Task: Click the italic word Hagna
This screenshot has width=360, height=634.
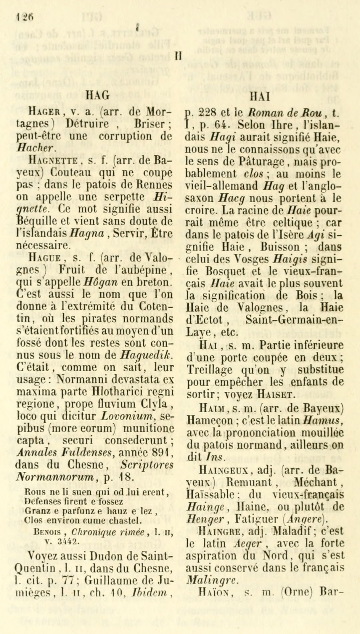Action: tap(86, 233)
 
